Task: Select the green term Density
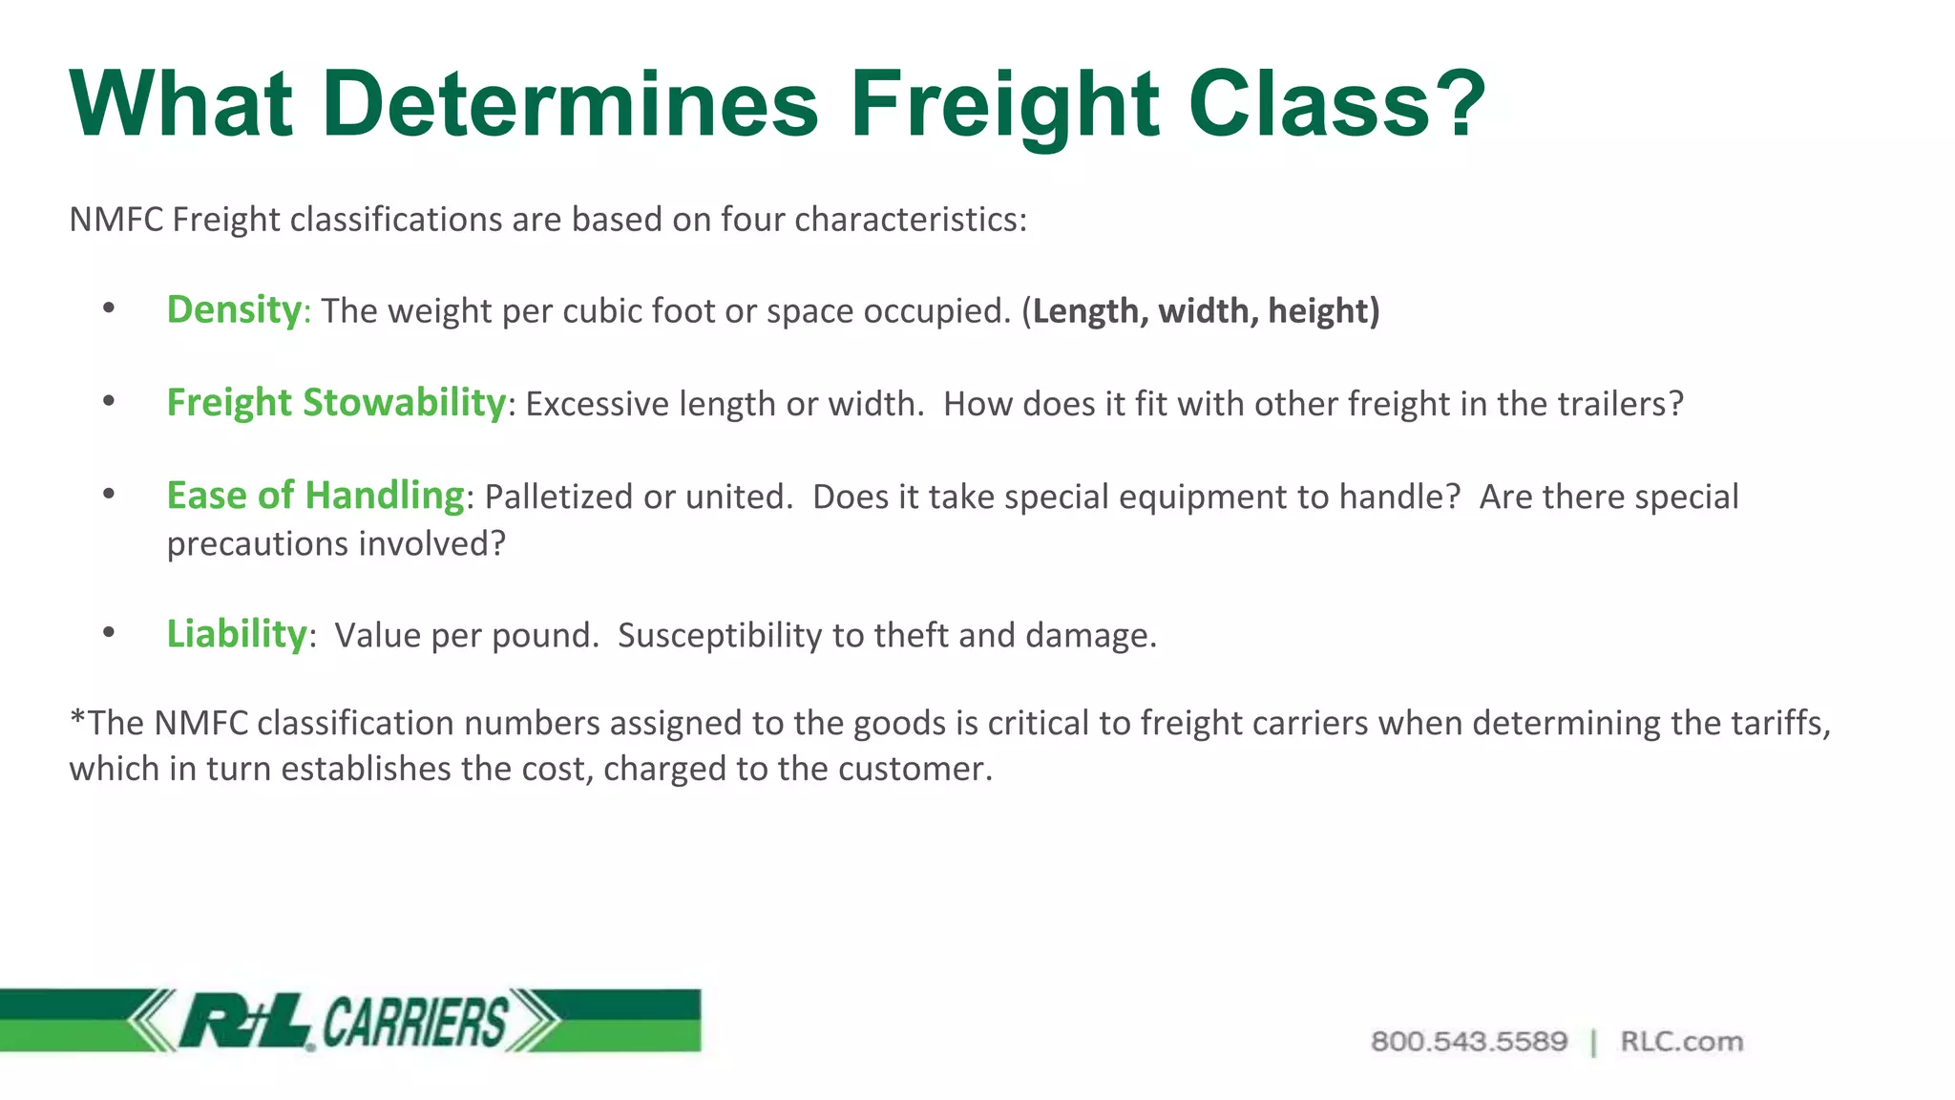coord(234,310)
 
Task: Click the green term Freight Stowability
coord(336,403)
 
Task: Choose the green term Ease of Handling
coord(315,496)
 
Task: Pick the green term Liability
coord(237,634)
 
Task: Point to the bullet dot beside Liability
coord(109,632)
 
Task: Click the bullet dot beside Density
coord(109,307)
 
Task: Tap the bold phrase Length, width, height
coord(1205,311)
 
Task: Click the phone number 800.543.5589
coord(1468,1042)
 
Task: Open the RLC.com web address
coord(1681,1042)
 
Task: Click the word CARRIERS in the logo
coord(414,1022)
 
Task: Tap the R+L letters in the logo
coord(244,1021)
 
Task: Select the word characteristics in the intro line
coord(909,220)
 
